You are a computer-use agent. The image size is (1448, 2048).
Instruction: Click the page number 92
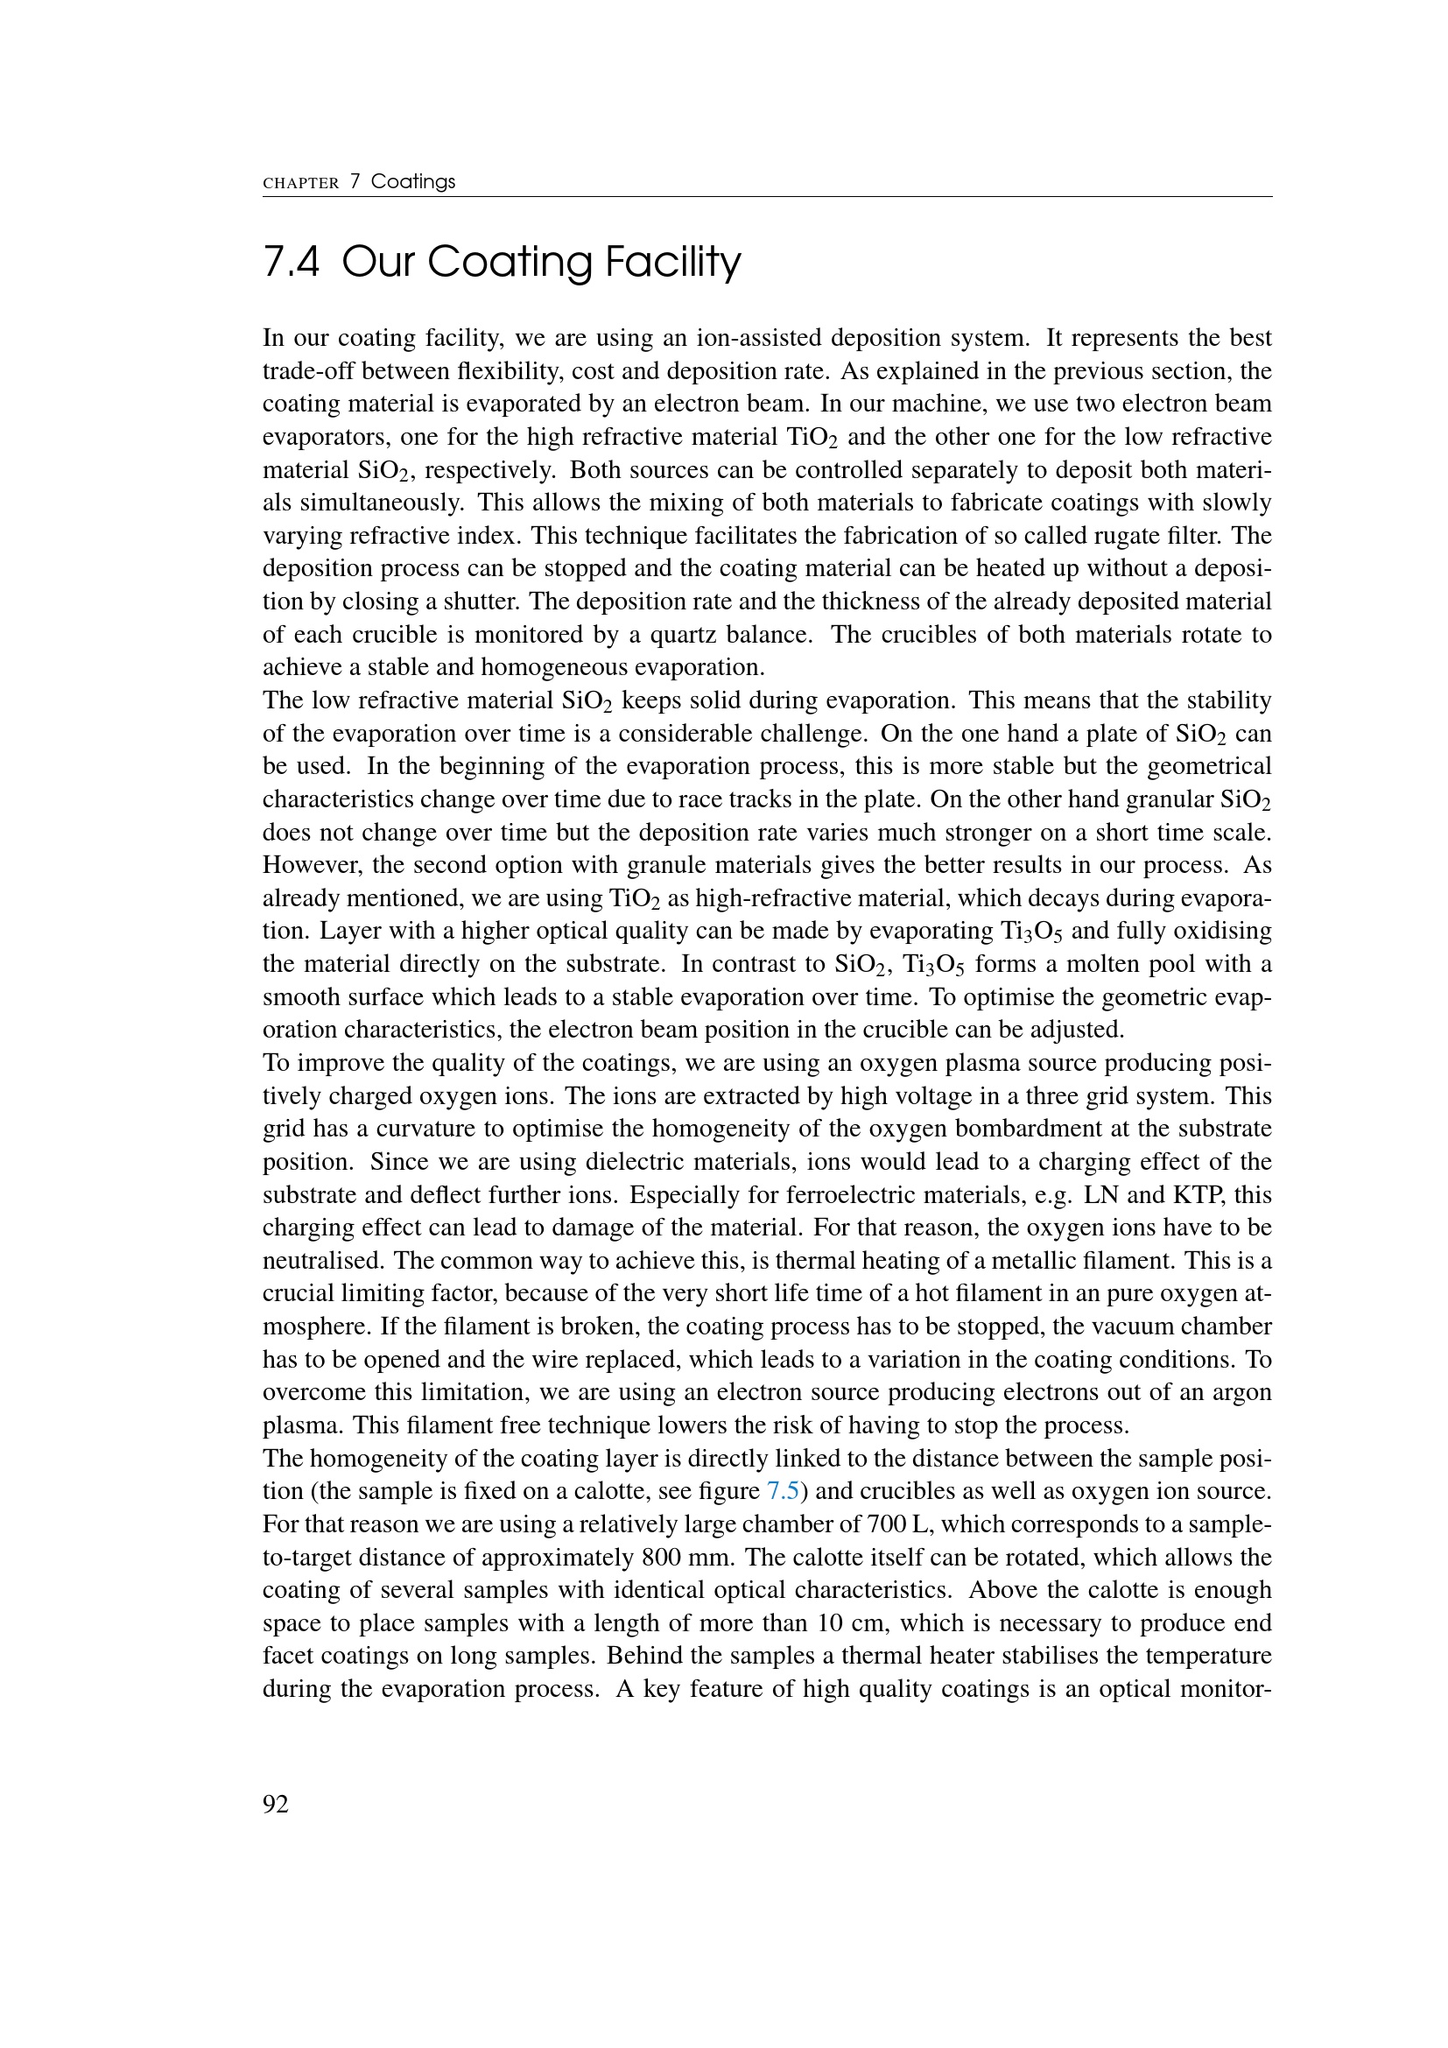coord(276,1805)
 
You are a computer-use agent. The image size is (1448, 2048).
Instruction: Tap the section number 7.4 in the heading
coord(292,263)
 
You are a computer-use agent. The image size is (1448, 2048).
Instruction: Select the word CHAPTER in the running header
coord(300,183)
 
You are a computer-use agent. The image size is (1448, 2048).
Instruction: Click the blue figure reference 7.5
coord(783,1490)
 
